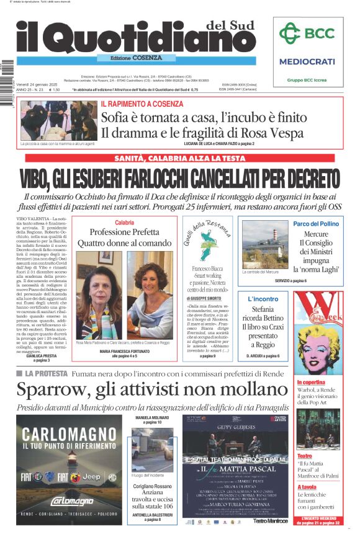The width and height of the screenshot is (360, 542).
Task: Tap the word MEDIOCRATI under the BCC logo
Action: (307, 61)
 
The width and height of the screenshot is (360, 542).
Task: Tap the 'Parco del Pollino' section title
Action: (315, 223)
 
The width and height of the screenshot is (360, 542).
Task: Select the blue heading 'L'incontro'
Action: (263, 299)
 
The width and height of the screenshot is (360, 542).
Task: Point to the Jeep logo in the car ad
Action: (91, 477)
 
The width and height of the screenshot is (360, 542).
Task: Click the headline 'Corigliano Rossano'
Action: (153, 486)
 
